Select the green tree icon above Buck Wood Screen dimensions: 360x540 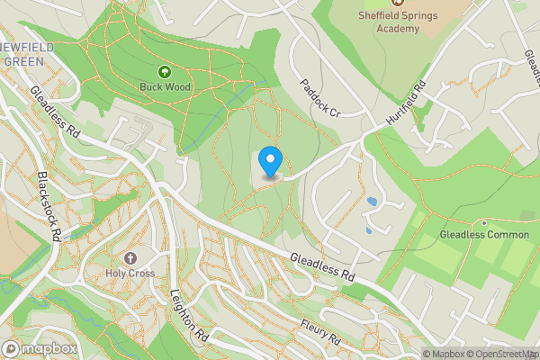[164, 71]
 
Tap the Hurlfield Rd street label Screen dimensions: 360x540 [405, 106]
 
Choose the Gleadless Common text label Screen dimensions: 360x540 [484, 235]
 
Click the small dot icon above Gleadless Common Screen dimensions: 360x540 [484, 222]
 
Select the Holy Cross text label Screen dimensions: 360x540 [130, 273]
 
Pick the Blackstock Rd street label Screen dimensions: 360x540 [48, 206]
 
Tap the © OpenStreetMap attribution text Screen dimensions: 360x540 [500, 353]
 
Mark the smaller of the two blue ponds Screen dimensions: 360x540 [368, 230]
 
